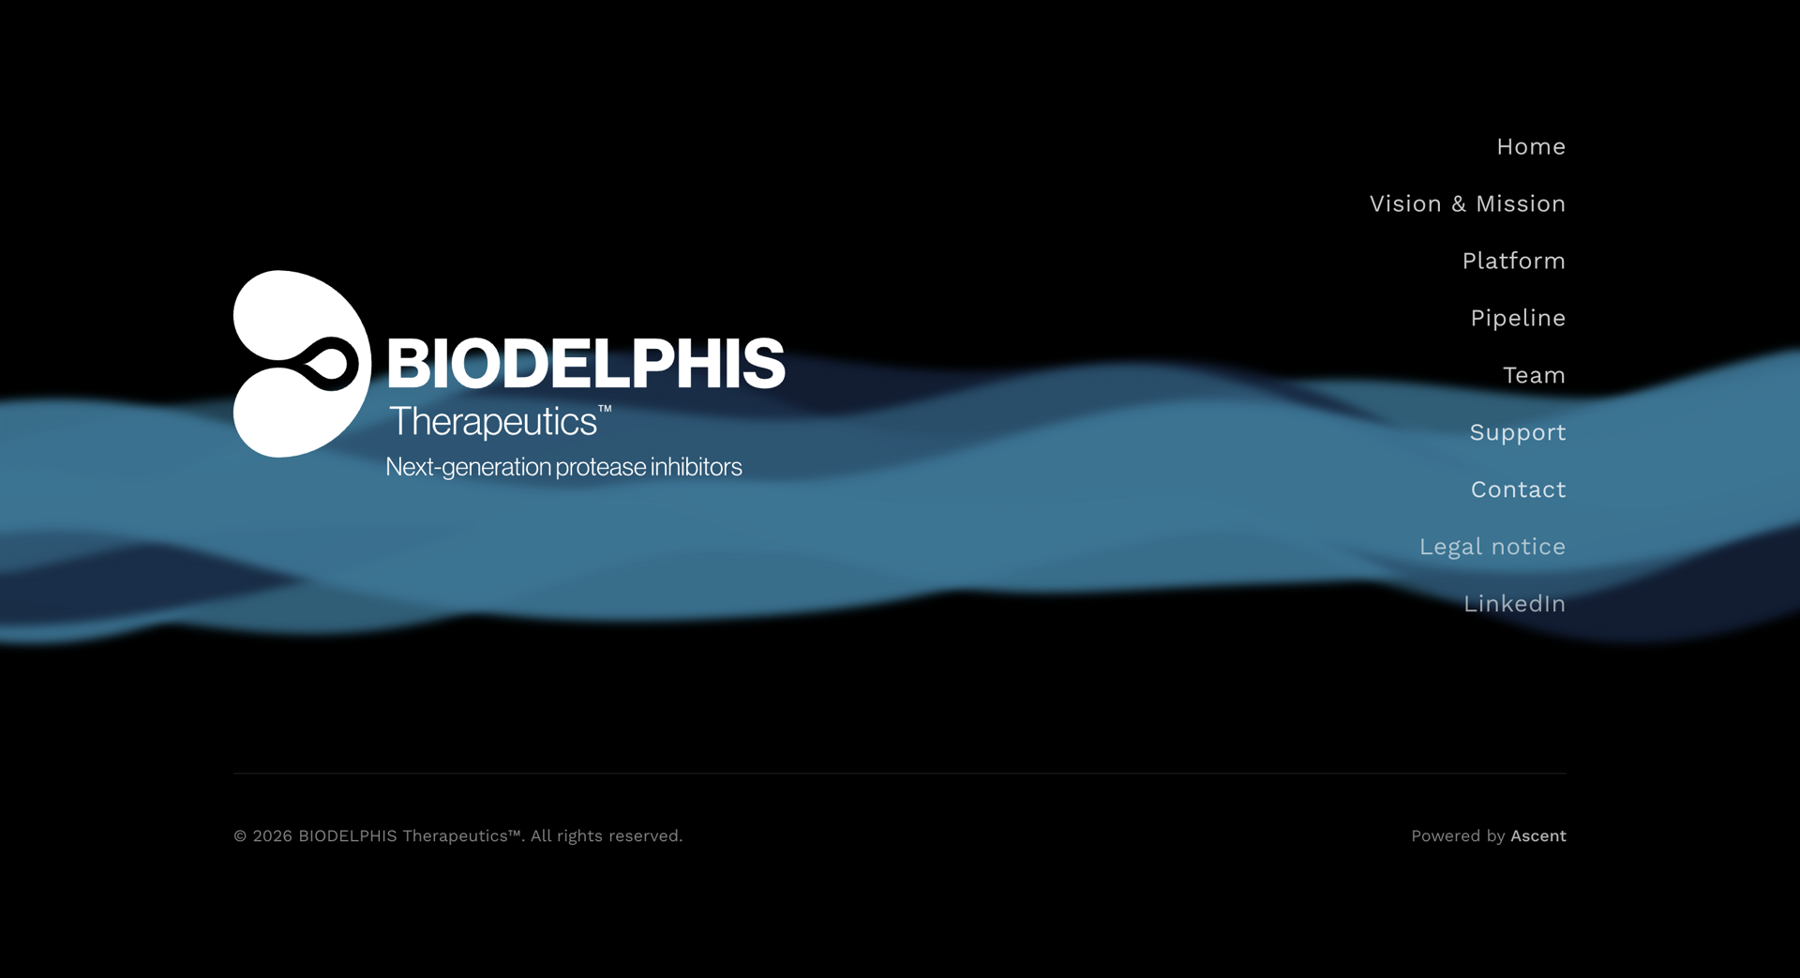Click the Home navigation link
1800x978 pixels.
(1531, 147)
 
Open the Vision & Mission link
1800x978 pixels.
(1467, 204)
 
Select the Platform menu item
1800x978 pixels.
(1514, 262)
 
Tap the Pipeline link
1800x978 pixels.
(1518, 319)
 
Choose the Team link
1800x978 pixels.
(1534, 376)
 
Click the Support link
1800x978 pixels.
(1518, 433)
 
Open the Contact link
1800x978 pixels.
(1519, 490)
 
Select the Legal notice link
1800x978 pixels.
(1492, 548)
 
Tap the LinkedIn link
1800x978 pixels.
(1515, 605)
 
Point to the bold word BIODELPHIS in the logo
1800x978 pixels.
(586, 364)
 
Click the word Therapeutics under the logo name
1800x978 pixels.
(493, 422)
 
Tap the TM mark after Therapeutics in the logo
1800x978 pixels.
(605, 409)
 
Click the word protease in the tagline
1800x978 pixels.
(600, 467)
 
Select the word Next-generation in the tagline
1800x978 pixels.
(469, 467)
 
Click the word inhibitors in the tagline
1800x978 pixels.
(697, 467)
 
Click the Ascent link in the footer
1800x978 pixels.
(1538, 836)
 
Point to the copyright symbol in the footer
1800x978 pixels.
(240, 836)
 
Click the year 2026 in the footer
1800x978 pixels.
(273, 836)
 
